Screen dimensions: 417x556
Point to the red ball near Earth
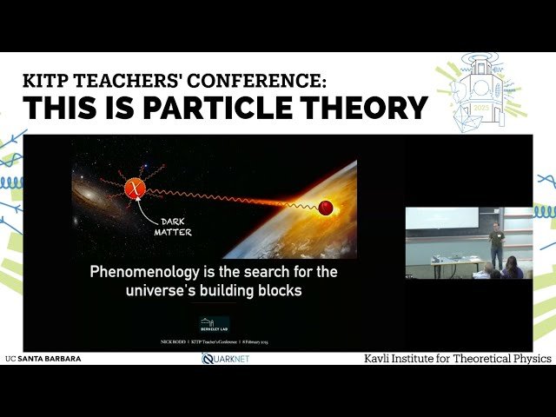[327, 207]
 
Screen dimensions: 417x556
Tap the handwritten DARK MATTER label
[173, 227]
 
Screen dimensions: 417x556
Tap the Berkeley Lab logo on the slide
[215, 324]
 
